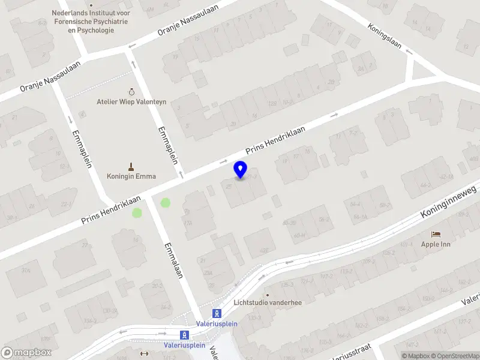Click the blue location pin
pyautogui.click(x=240, y=169)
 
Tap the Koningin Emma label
pyautogui.click(x=131, y=176)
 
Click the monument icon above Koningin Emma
pyautogui.click(x=131, y=166)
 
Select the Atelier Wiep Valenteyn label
pyautogui.click(x=131, y=102)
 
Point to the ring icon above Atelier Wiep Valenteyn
pyautogui.click(x=131, y=92)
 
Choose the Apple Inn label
pyautogui.click(x=436, y=244)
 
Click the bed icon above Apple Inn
pyautogui.click(x=436, y=234)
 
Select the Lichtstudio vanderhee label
pyautogui.click(x=268, y=302)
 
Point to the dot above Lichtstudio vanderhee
pyautogui.click(x=268, y=295)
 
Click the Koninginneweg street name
pyautogui.click(x=448, y=202)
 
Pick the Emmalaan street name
pyautogui.click(x=173, y=259)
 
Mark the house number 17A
pyautogui.click(x=188, y=223)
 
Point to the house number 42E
pyautogui.click(x=264, y=250)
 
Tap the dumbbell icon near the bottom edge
pyautogui.click(x=144, y=353)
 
